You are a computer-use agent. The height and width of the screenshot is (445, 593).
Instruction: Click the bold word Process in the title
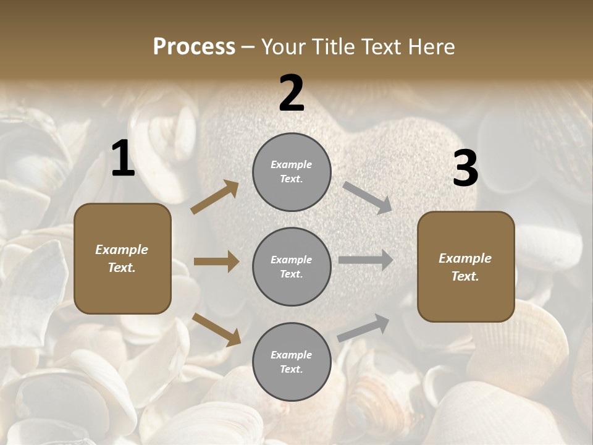194,47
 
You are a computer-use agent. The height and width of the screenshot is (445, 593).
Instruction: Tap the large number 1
123,159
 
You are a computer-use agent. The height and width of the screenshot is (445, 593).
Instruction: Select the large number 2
292,93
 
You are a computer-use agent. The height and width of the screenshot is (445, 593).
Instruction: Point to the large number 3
465,169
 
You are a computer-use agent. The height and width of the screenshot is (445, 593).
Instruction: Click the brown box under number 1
122,258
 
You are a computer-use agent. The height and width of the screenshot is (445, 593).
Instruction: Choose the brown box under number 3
466,266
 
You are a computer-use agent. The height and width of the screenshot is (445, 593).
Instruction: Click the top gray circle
292,172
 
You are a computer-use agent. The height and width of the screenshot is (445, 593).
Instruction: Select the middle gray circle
292,266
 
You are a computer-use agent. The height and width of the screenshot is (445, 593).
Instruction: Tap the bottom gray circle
292,362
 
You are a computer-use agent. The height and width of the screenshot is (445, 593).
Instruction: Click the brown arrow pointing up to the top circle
215,197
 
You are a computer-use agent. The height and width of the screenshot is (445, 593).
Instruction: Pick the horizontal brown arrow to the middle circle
216,261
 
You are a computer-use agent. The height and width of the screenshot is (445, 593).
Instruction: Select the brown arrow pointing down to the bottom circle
216,329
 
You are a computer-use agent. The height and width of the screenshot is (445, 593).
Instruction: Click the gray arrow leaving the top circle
368,197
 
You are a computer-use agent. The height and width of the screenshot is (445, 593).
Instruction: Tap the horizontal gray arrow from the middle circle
366,260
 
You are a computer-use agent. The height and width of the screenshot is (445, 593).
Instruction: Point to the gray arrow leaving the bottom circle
363,328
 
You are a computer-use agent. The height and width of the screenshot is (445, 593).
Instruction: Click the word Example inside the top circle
292,165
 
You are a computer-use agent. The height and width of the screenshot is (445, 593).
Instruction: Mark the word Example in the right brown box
465,258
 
